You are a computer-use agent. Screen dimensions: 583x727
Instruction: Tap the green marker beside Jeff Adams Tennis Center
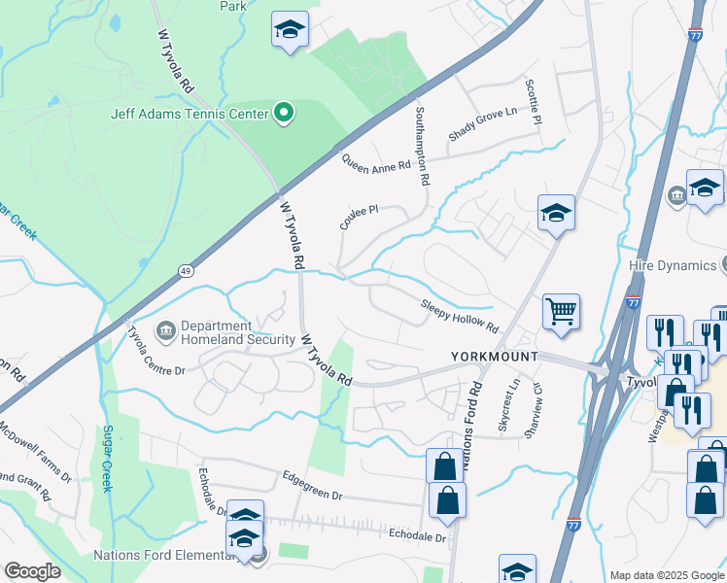click(x=284, y=115)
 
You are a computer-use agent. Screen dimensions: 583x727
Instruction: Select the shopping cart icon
click(x=562, y=312)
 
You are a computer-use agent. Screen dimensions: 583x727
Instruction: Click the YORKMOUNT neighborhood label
click(x=495, y=357)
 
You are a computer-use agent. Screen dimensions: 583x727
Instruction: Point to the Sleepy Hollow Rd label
click(x=460, y=316)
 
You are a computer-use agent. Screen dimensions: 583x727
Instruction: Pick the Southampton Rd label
click(x=423, y=146)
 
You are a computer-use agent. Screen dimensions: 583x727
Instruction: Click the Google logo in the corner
click(x=32, y=571)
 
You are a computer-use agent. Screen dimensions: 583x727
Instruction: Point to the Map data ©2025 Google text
click(x=666, y=575)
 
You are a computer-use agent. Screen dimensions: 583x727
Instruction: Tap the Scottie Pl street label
click(x=534, y=101)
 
